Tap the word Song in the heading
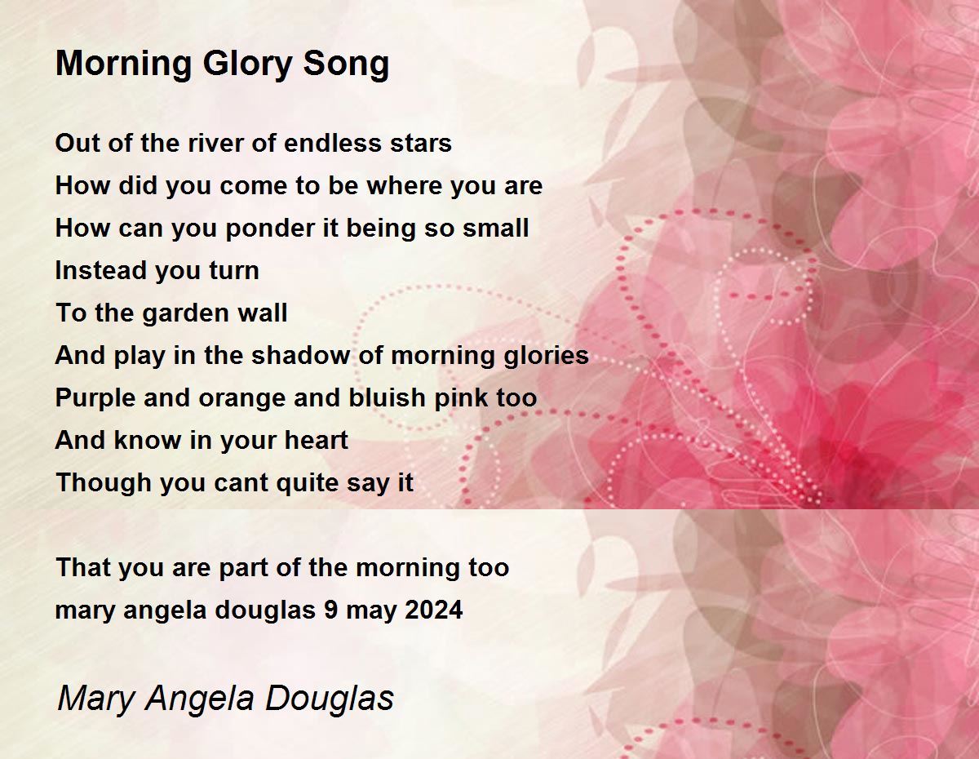pos(346,64)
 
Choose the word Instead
pos(100,270)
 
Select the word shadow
pos(300,355)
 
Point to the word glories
pos(546,356)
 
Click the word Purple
pos(95,398)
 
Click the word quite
pos(307,483)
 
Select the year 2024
pos(434,610)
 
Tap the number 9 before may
pos(331,610)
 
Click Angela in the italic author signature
pos(200,699)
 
